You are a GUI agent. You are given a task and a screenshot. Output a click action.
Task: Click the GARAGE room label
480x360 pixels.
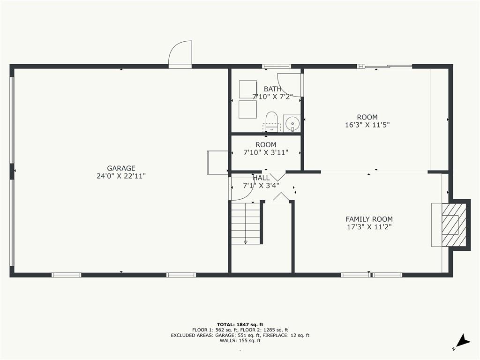point(121,168)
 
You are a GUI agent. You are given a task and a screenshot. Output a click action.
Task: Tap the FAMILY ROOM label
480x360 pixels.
point(369,219)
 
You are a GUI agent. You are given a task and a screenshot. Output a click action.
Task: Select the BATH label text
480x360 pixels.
point(272,89)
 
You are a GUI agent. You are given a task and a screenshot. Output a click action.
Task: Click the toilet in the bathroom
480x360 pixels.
point(271,121)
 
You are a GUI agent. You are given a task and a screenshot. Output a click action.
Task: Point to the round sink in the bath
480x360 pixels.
point(292,123)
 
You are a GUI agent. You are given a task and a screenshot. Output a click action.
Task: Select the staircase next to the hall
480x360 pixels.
point(246,223)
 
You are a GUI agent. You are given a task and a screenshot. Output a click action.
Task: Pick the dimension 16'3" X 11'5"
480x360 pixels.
point(367,125)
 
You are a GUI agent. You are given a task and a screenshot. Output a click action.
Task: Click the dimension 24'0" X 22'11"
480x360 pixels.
point(121,176)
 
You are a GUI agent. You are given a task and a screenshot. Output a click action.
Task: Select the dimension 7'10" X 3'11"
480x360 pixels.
point(266,152)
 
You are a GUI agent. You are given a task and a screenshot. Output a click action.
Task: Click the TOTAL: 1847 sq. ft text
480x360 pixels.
point(240,324)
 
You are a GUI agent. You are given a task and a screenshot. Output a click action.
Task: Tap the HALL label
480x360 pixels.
point(261,178)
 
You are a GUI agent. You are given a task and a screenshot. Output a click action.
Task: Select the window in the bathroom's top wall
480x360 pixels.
point(276,67)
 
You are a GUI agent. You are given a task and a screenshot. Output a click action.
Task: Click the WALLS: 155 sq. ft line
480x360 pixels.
point(240,341)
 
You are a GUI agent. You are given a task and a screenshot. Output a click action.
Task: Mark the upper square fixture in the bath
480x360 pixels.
point(248,89)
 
